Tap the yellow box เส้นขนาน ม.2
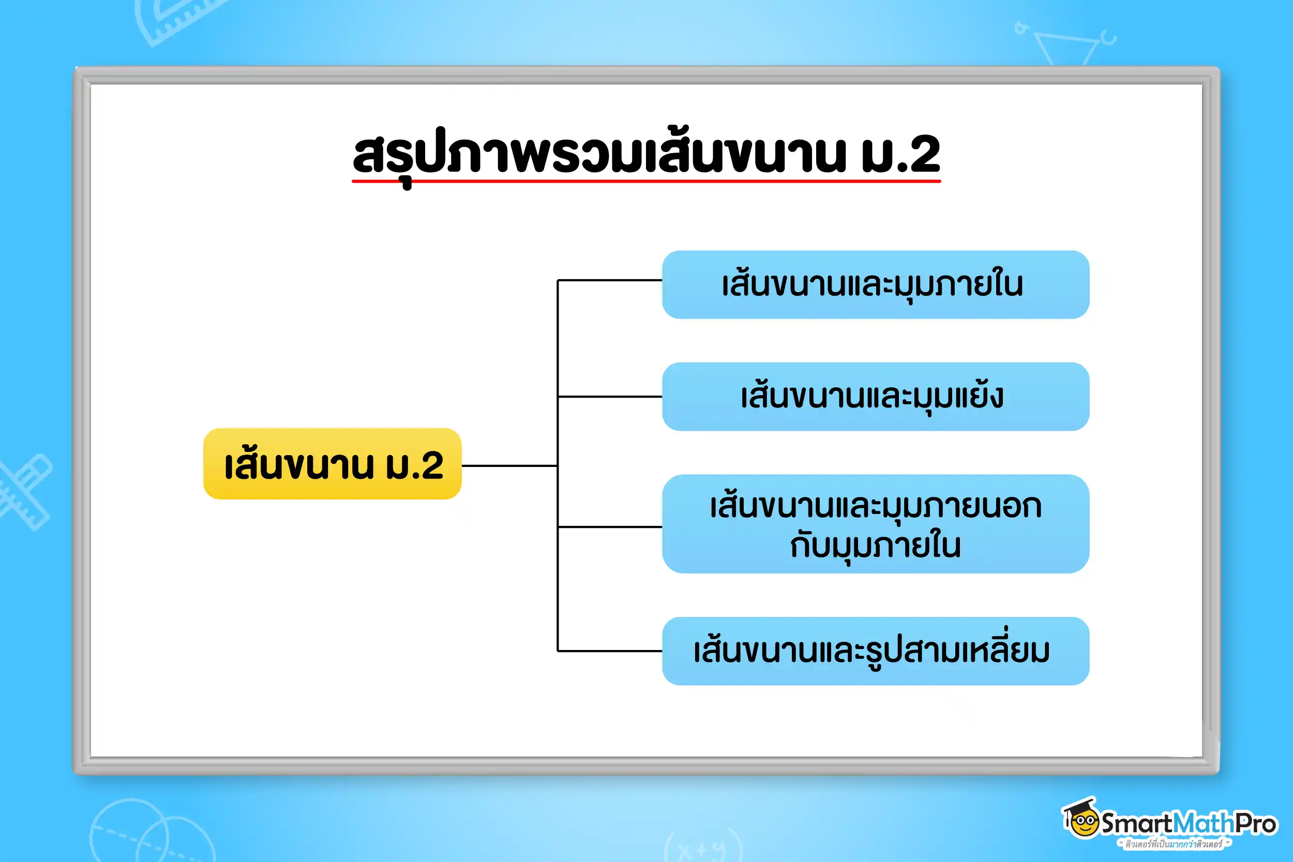(333, 464)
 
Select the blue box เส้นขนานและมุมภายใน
(876, 285)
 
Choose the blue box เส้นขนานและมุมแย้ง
(876, 397)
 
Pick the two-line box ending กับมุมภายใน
(876, 524)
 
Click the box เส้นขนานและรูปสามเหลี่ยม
(876, 651)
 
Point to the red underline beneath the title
(646, 180)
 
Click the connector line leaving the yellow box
(509, 465)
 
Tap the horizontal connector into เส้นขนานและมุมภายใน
(610, 280)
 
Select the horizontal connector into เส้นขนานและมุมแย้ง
(610, 397)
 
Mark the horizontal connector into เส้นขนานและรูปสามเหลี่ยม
(610, 651)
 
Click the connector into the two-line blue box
(610, 526)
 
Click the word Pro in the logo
(1256, 824)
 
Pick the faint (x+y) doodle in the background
(703, 846)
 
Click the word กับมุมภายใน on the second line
(876, 547)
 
